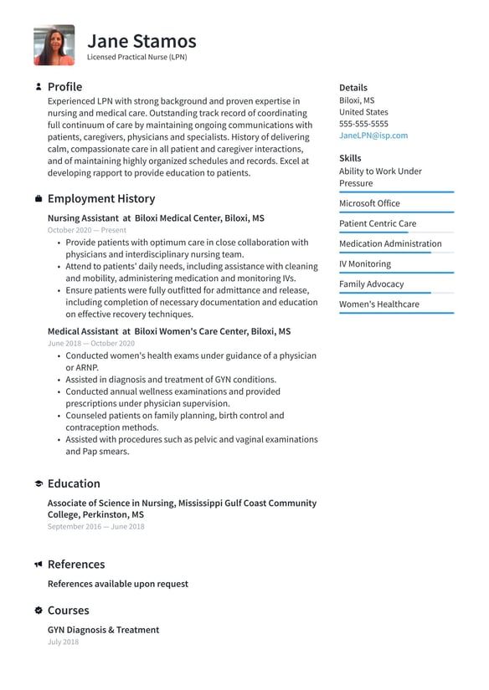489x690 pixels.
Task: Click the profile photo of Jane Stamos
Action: click(x=54, y=45)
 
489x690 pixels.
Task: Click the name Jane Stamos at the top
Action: click(x=142, y=40)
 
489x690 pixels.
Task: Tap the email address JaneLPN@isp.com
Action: click(x=373, y=135)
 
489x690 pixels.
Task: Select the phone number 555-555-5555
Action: click(x=363, y=124)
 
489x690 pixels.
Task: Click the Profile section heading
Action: click(x=64, y=87)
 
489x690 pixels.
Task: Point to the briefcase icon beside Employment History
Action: click(x=39, y=199)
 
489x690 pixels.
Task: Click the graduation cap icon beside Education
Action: click(x=39, y=484)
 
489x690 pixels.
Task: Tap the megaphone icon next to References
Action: click(x=39, y=565)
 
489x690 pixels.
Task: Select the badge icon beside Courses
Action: click(x=39, y=611)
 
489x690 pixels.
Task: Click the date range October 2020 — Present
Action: click(x=87, y=230)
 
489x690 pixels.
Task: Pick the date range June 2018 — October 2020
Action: click(x=90, y=344)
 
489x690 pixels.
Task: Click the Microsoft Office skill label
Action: click(x=369, y=203)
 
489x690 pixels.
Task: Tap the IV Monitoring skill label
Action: click(x=364, y=264)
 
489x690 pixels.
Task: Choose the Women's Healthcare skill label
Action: click(x=378, y=304)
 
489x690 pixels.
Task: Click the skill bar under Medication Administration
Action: click(x=396, y=253)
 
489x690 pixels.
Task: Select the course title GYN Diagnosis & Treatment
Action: click(x=103, y=630)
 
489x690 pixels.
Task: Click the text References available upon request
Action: click(x=117, y=584)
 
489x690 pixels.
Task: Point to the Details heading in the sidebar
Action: click(x=353, y=88)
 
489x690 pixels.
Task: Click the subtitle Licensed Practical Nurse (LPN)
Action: click(x=137, y=58)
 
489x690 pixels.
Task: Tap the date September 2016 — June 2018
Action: click(x=95, y=527)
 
